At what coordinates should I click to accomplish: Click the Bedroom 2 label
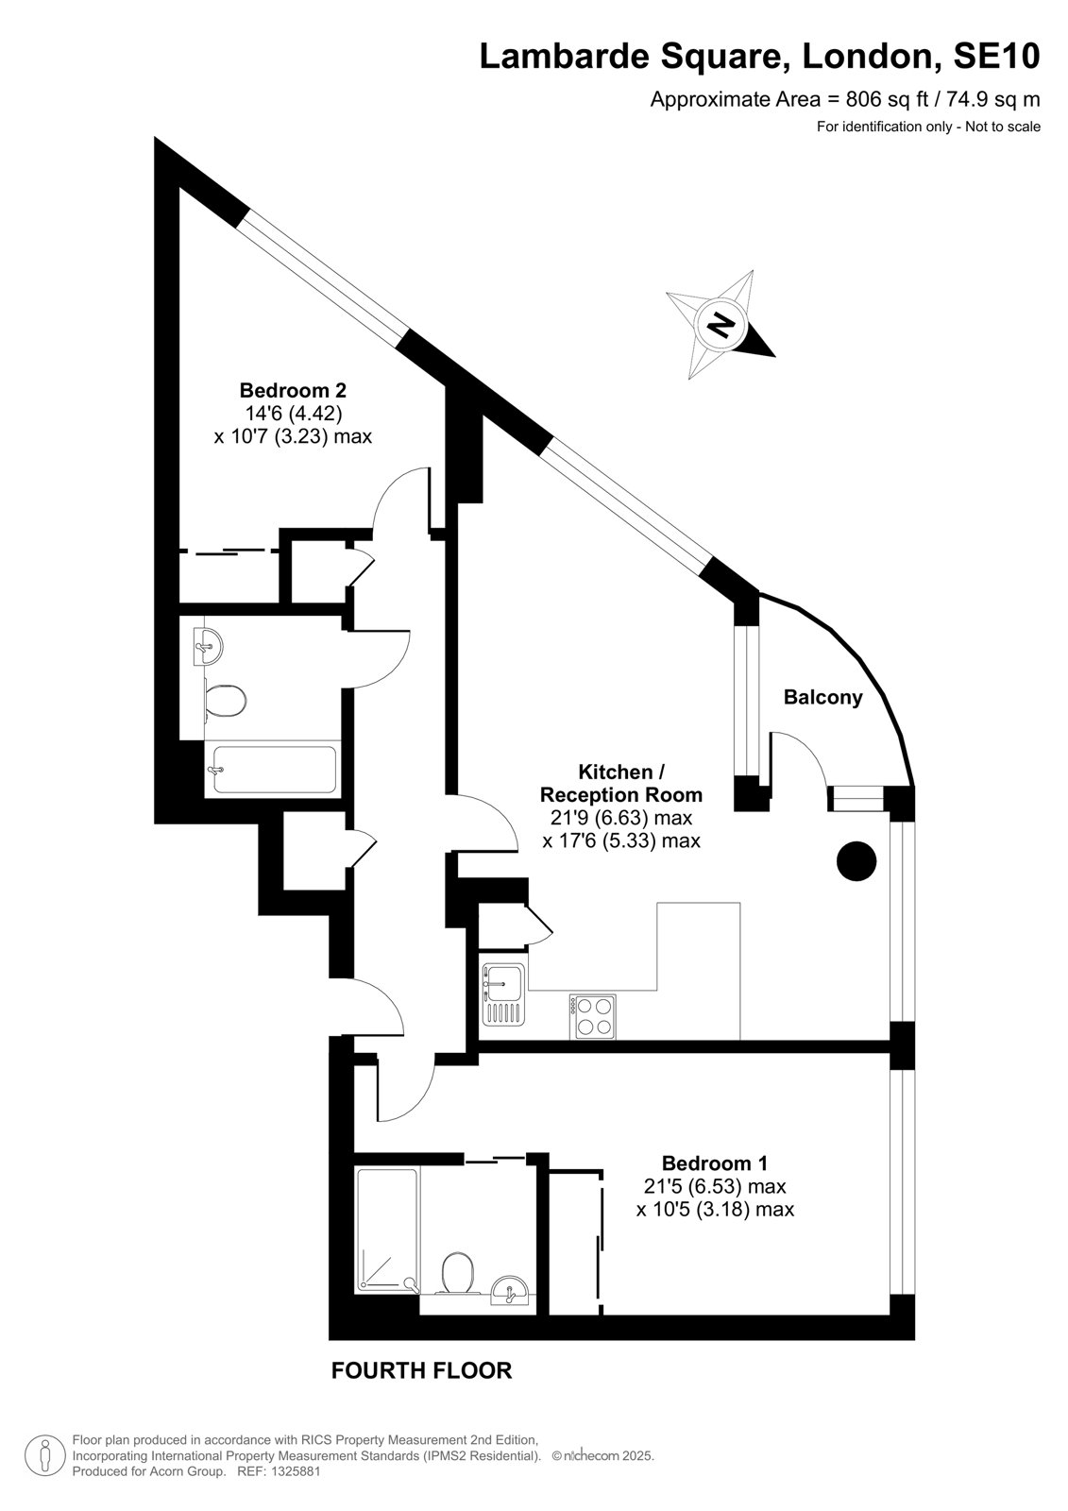pyautogui.click(x=293, y=390)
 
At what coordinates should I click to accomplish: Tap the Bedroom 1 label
pyautogui.click(x=715, y=1163)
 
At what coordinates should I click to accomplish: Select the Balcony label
pyautogui.click(x=823, y=698)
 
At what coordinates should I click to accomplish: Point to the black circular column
pyautogui.click(x=856, y=861)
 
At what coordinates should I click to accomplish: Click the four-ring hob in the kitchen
pyautogui.click(x=592, y=1016)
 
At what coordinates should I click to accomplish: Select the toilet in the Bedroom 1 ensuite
pyautogui.click(x=458, y=1272)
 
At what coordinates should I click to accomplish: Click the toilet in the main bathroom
pyautogui.click(x=223, y=701)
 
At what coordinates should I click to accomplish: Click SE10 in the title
pyautogui.click(x=996, y=56)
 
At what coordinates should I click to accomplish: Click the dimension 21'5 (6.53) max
pyautogui.click(x=715, y=1186)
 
